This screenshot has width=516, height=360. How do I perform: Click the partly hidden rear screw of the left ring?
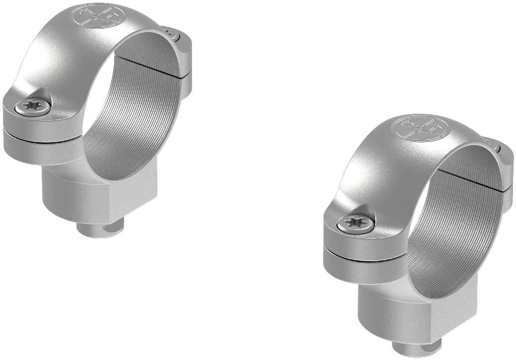[x=172, y=33]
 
